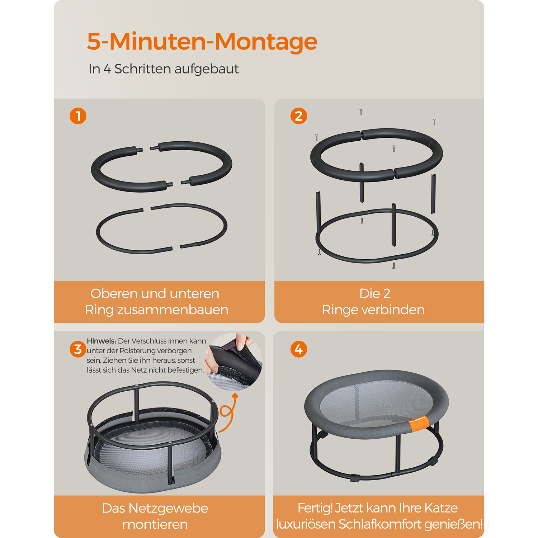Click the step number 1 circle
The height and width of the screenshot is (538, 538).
tap(78, 116)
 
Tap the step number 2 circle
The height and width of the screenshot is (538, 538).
tap(299, 116)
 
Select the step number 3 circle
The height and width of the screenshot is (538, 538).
tap(78, 349)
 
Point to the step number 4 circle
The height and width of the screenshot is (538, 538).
tap(299, 349)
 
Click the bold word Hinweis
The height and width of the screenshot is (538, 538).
tap(101, 341)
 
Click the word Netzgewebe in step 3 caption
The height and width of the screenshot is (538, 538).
tap(168, 509)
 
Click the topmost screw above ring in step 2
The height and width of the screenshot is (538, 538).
tap(361, 112)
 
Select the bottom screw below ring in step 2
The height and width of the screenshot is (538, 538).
tap(394, 266)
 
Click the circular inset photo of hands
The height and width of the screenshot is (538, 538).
tap(233, 362)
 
